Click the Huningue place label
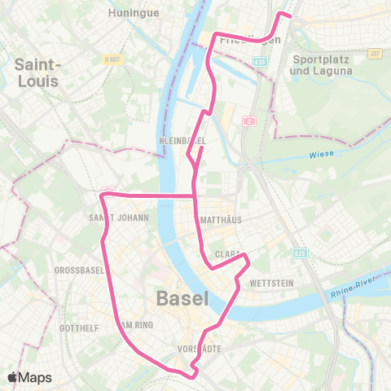133,13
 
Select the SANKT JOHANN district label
119,218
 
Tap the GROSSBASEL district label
76,270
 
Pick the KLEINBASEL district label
183,141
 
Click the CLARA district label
226,255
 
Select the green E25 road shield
300,253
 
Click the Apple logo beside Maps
15,377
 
